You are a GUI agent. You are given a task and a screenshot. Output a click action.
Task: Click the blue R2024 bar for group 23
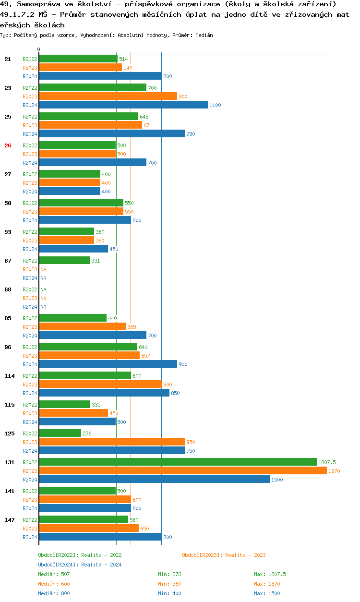pos(123,105)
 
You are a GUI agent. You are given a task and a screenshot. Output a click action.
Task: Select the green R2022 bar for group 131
pos(178,462)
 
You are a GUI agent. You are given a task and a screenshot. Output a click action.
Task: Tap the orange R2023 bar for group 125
pos(111,442)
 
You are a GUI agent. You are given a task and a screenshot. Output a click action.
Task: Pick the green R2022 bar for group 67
pos(64,260)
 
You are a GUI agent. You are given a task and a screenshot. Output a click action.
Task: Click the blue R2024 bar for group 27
pos(70,191)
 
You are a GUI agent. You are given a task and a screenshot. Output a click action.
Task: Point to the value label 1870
pos(334,471)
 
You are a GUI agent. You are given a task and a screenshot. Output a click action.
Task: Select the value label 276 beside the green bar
pos(87,433)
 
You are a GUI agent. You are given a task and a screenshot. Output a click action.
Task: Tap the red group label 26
pos(8,145)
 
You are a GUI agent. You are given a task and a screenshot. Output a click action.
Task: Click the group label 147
pos(9,520)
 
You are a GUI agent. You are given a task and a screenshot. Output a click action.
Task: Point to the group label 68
pos(8,289)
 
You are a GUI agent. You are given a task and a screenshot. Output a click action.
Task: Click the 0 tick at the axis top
pos(39,50)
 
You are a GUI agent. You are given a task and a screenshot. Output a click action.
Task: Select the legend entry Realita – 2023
pos(224,555)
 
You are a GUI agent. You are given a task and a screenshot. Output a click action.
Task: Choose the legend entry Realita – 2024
pos(80,565)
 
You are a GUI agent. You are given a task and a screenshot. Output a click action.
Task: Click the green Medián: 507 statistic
pos(54,574)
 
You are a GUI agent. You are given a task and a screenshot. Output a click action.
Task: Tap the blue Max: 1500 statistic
pos(267,593)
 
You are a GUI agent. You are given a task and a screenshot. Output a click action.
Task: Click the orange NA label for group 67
pos(43,269)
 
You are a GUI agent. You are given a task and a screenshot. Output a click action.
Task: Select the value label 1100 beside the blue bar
pos(215,105)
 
